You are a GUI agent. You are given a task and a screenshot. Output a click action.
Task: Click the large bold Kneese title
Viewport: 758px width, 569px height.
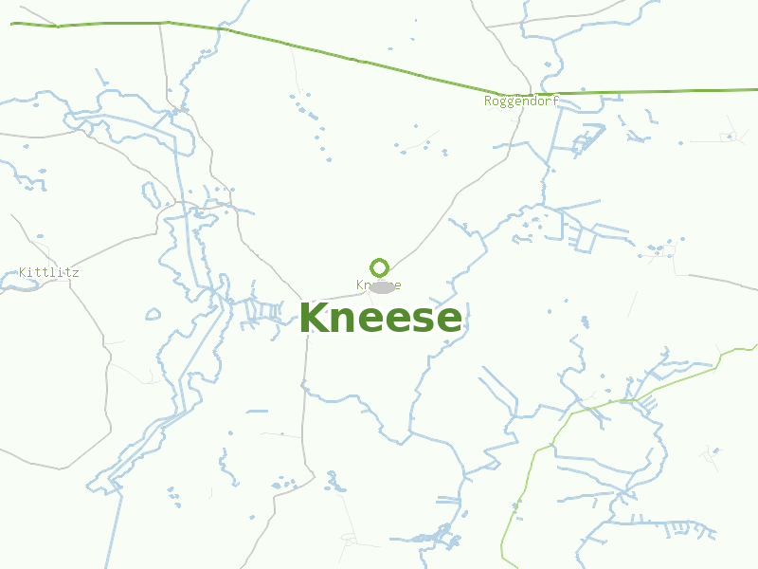click(380, 319)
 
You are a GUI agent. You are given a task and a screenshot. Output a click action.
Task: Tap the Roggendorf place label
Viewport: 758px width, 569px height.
click(520, 101)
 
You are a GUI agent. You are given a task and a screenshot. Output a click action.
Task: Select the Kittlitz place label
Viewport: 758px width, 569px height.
click(49, 272)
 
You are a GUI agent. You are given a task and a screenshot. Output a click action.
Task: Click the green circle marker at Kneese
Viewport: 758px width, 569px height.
click(380, 267)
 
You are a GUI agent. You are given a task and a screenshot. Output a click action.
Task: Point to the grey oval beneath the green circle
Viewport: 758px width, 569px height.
click(382, 287)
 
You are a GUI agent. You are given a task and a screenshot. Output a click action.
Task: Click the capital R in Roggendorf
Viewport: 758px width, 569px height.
click(488, 101)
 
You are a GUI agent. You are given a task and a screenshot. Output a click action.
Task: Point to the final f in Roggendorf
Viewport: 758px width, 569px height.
click(555, 101)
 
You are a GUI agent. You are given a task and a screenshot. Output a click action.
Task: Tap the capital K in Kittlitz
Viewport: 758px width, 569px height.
click(23, 272)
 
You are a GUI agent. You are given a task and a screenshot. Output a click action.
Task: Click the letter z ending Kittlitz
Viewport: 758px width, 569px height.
click(76, 272)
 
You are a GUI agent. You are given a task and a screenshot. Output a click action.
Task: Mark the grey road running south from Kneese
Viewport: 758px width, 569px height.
click(304, 398)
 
